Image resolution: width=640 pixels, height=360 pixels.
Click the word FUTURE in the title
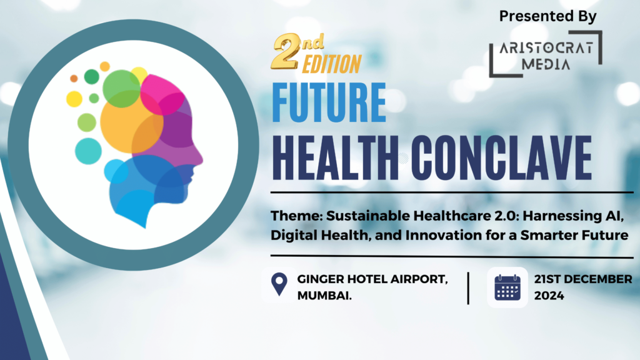(329, 102)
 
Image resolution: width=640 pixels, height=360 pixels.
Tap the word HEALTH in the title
(335, 158)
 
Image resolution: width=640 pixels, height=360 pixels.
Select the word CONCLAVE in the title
(502, 158)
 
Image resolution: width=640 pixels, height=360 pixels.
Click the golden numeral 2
(286, 51)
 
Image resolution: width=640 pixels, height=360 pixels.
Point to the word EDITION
(332, 64)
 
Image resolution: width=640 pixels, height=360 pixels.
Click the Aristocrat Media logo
(546, 54)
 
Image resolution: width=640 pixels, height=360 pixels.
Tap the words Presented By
(547, 16)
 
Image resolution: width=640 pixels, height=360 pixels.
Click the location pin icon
(279, 283)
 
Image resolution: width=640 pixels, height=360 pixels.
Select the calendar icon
(507, 287)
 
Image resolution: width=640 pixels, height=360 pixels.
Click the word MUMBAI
(324, 296)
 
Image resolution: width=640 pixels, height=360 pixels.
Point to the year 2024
(549, 296)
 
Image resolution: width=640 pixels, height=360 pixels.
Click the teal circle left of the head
(88, 151)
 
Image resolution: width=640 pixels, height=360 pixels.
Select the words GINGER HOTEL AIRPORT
(372, 279)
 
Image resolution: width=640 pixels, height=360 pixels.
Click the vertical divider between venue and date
(468, 288)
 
